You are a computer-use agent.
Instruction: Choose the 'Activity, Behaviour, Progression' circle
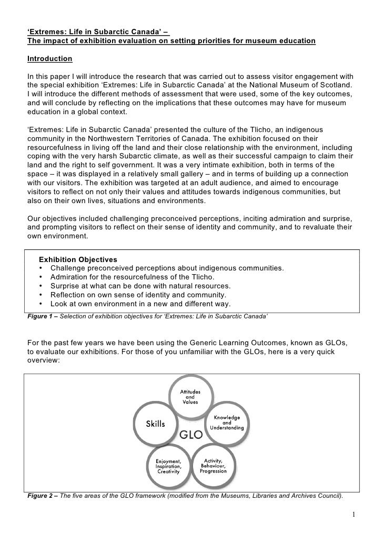pyautogui.click(x=214, y=465)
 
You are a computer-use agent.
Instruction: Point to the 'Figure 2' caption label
pyautogui.click(x=41, y=496)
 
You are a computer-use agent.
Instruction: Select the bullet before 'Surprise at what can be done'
pyautogui.click(x=41, y=286)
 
